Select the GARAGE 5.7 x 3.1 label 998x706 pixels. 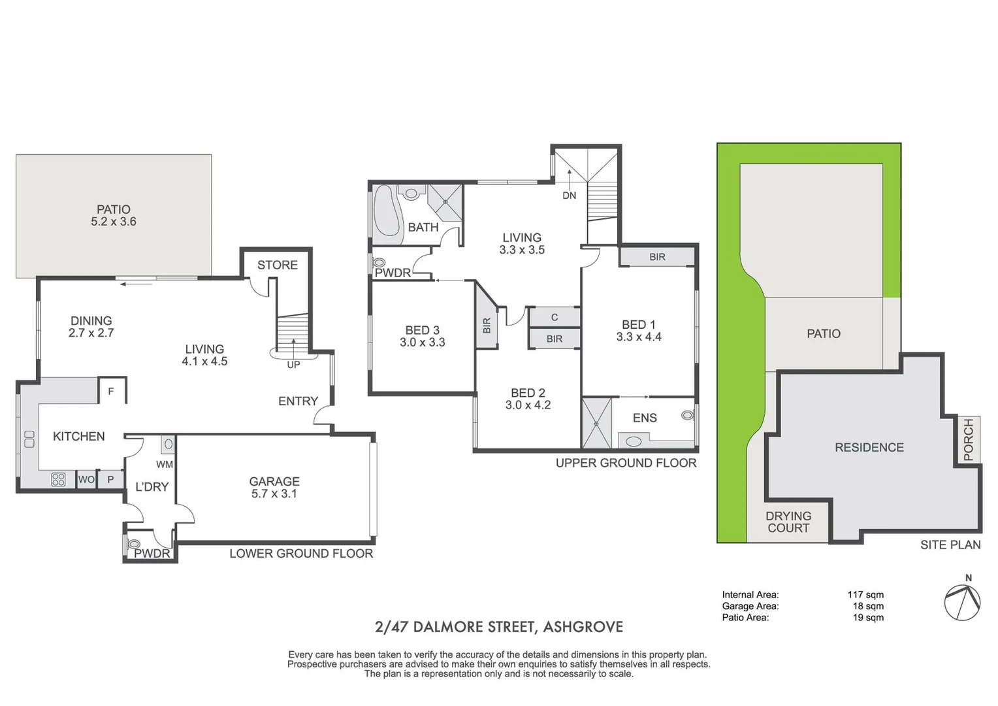coord(274,488)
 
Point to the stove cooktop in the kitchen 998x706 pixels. coord(58,480)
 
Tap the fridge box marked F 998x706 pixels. coord(111,391)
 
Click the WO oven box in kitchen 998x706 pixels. coord(86,479)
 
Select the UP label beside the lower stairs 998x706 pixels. coord(293,365)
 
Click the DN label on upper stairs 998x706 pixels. coord(570,195)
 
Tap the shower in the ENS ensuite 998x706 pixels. coord(597,423)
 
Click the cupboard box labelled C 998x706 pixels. coord(555,317)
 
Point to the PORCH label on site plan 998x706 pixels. coord(968,439)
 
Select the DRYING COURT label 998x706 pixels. coord(788,522)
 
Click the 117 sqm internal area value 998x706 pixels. coord(865,594)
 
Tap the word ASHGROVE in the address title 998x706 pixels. coord(583,627)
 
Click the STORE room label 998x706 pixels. coord(277,265)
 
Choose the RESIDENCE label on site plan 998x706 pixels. coord(869,447)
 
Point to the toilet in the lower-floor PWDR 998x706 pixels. coord(135,543)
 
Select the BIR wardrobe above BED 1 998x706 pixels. coord(657,257)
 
